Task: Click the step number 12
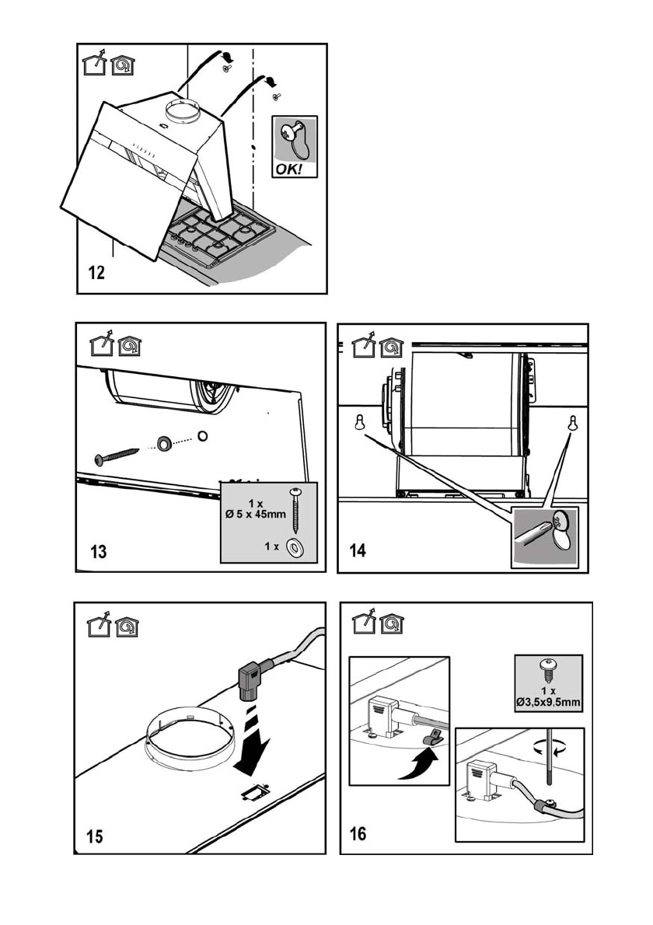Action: (x=96, y=273)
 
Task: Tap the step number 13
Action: (x=99, y=552)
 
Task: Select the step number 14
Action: (x=358, y=550)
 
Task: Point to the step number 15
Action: (x=94, y=836)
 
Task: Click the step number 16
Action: (x=358, y=833)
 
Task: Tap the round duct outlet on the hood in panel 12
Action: (x=183, y=112)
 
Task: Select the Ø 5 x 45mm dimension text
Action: (x=256, y=514)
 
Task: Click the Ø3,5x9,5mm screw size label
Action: (x=549, y=702)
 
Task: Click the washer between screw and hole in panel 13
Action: (x=163, y=442)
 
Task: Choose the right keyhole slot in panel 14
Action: (x=571, y=423)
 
